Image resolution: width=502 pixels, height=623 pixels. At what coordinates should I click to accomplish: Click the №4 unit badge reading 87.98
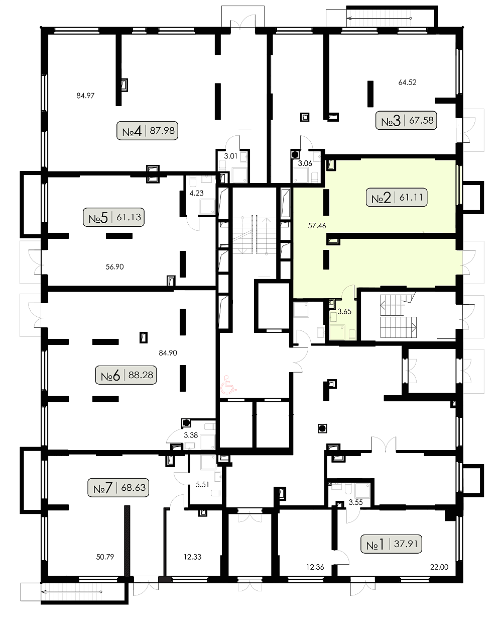[147, 130]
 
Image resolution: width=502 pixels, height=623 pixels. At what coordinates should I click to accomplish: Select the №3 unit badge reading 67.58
[406, 120]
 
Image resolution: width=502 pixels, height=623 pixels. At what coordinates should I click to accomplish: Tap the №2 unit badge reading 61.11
[396, 198]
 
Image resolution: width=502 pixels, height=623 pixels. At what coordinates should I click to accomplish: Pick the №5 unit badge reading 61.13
[113, 217]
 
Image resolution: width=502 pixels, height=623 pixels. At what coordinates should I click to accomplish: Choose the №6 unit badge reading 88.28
[126, 375]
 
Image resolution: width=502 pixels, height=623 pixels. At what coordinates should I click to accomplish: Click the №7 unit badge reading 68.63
[118, 488]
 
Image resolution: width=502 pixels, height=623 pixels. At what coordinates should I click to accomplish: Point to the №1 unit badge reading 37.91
[392, 544]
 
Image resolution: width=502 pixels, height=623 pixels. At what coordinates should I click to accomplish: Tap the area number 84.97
[85, 96]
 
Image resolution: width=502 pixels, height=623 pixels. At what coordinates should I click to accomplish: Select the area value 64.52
[408, 82]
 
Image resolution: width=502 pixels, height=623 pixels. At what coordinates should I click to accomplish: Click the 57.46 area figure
[317, 225]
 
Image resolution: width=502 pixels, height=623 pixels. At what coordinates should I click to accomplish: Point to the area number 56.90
[114, 267]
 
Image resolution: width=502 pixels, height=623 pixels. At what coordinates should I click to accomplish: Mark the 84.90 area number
[168, 353]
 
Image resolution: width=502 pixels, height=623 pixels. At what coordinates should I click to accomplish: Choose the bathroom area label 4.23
[197, 193]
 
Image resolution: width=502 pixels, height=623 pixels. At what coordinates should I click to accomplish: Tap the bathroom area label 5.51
[202, 485]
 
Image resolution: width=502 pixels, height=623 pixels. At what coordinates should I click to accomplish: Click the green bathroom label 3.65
[344, 312]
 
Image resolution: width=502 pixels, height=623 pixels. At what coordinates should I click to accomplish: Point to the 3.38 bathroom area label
[191, 435]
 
